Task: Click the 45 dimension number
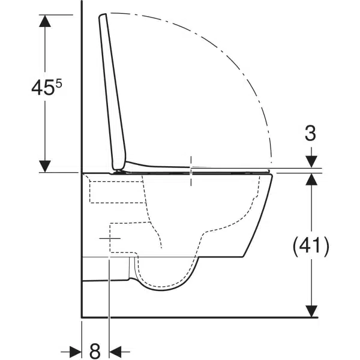point(43,88)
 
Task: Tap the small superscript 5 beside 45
point(59,84)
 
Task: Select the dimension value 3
point(310,133)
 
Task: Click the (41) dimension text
point(311,245)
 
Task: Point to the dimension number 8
point(95,351)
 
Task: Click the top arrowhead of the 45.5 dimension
point(45,21)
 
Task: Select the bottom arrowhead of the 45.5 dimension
point(45,166)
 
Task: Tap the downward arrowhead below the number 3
point(311,161)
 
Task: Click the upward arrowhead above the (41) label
point(311,179)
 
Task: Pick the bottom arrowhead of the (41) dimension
point(311,311)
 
